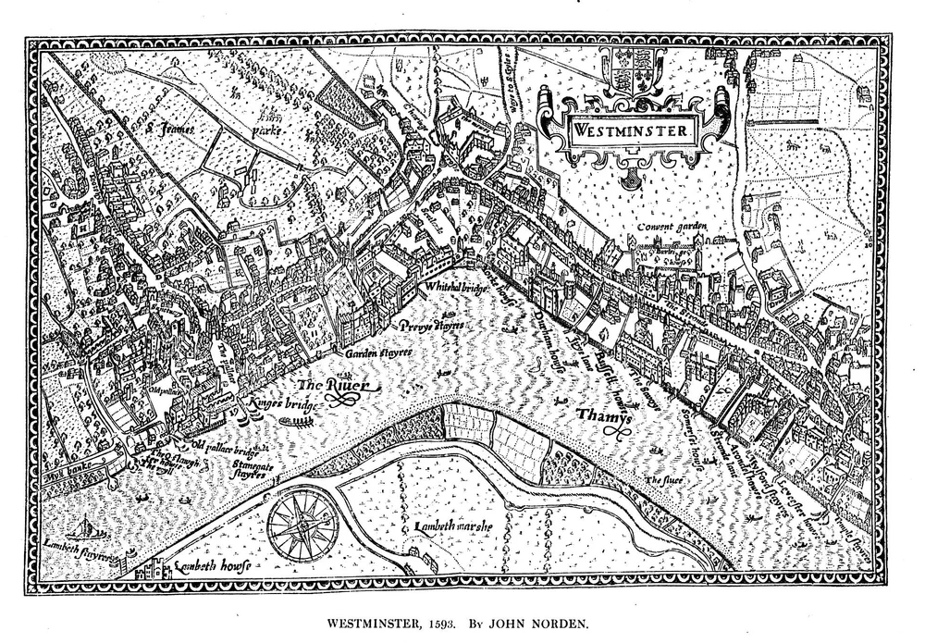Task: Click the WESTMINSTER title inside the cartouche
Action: coord(630,130)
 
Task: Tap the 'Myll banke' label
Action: coord(66,479)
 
